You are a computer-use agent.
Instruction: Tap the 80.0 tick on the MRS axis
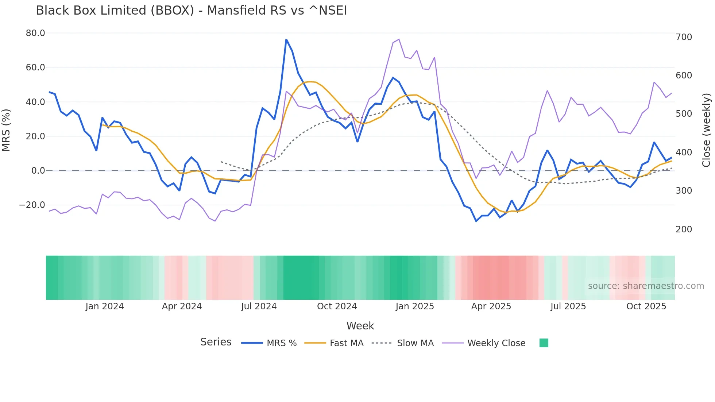(x=35, y=33)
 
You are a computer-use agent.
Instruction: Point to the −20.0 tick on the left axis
(x=32, y=205)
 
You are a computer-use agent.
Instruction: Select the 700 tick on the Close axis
(x=684, y=37)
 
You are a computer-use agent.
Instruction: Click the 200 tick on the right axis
(x=684, y=229)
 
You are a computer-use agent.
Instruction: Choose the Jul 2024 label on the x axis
(x=259, y=306)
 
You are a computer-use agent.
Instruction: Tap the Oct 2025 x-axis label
(x=646, y=306)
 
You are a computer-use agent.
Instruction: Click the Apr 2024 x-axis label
(x=182, y=306)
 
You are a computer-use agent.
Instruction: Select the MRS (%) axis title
(x=6, y=130)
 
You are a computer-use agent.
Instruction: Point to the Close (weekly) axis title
(x=706, y=130)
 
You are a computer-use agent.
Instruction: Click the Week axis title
(x=360, y=326)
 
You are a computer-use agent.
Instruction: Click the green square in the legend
(x=544, y=343)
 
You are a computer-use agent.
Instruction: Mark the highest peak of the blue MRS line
(x=286, y=39)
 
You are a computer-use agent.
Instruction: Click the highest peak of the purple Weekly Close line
(x=399, y=39)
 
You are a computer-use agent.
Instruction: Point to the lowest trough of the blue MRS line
(x=476, y=221)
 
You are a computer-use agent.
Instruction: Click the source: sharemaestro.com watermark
(x=646, y=286)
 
